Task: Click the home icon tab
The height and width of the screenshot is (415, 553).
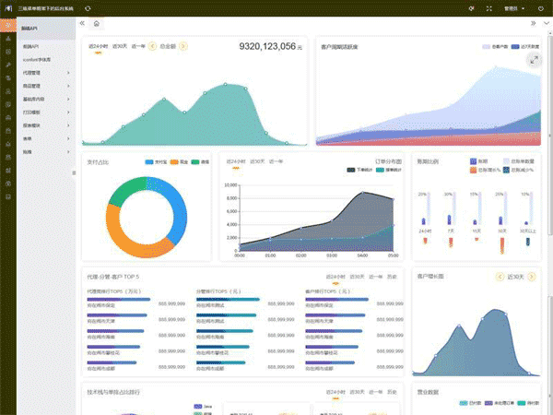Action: click(97, 22)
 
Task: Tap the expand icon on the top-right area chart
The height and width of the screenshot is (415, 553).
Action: click(534, 59)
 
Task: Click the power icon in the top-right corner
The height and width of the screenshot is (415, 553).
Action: click(544, 7)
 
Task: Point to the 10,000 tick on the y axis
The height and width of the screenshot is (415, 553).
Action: click(230, 184)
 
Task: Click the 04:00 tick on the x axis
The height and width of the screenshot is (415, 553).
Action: click(363, 255)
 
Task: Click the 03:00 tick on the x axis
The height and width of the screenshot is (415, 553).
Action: click(332, 255)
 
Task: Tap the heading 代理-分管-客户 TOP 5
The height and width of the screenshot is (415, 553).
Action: click(120, 276)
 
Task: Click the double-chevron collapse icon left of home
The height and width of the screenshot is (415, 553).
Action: click(83, 22)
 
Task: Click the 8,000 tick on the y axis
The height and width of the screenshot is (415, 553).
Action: click(231, 197)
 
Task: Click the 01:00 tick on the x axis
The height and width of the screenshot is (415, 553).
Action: click(270, 255)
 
